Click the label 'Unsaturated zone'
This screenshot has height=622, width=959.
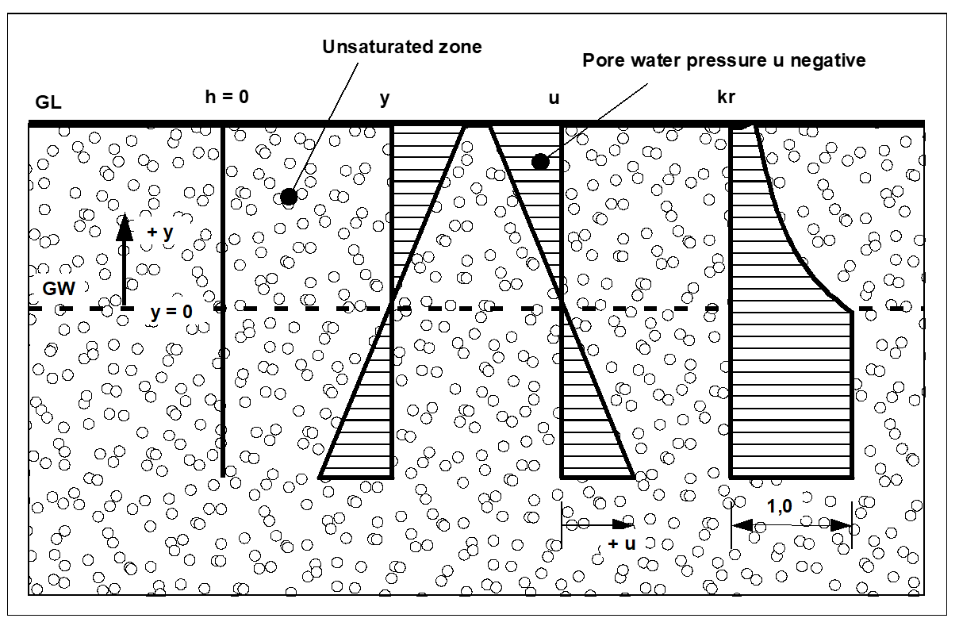point(401,47)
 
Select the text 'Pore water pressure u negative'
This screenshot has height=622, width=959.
point(723,60)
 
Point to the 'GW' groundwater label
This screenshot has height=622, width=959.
point(59,289)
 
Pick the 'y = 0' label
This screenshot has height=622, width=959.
point(171,313)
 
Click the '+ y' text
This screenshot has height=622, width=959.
point(161,233)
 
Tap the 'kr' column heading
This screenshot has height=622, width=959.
point(727,98)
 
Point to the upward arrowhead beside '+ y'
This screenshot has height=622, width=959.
point(123,226)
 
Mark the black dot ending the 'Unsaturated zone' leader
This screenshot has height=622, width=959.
point(289,197)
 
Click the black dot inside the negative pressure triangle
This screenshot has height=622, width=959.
point(540,162)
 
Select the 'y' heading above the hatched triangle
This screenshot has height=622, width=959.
point(385,98)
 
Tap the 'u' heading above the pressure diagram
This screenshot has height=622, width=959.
point(554,98)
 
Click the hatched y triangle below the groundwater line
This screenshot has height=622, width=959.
point(369,420)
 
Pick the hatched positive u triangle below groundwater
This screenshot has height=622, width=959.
point(587,420)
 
